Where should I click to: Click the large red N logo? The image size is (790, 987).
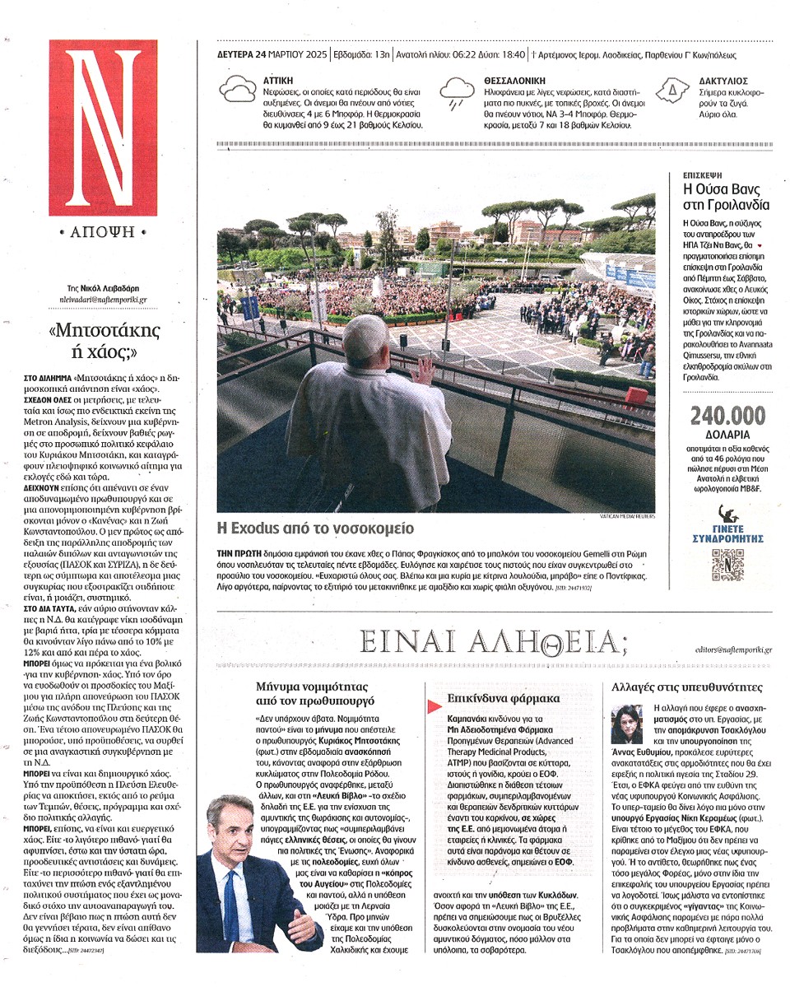[x=102, y=128]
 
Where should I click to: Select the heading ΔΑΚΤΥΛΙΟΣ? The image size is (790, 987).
[x=723, y=81]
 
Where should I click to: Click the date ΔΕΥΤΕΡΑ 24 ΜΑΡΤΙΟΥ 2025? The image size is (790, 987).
[x=272, y=56]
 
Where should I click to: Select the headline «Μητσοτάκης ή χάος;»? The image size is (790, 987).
[x=104, y=343]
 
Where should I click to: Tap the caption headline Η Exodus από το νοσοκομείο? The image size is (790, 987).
[x=315, y=528]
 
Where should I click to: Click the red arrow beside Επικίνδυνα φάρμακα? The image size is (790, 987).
[x=433, y=705]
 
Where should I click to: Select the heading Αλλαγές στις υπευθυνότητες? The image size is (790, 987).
[x=687, y=687]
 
